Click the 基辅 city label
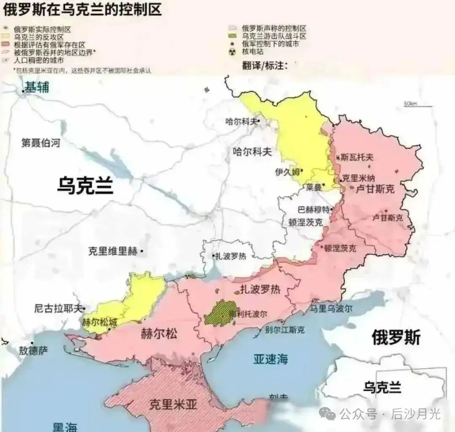tap(37, 87)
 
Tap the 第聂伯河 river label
tap(41, 143)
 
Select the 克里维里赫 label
tap(112, 251)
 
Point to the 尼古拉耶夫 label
tap(59, 308)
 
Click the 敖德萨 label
tap(33, 351)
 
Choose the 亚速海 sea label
tap(271, 359)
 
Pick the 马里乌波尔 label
tap(331, 308)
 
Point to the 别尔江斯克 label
tap(285, 330)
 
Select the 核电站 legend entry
tap(253, 51)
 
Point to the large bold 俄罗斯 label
tap(396, 337)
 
